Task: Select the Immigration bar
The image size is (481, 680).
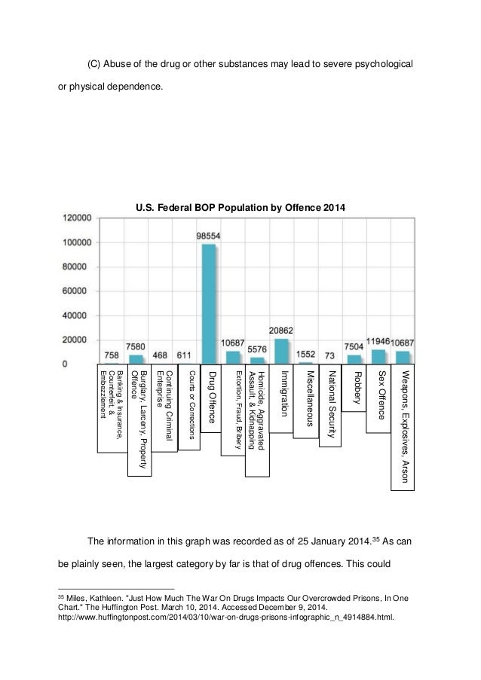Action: point(281,351)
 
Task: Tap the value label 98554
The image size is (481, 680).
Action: point(208,236)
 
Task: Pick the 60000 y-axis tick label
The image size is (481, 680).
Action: point(79,291)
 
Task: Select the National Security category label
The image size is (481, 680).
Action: point(330,406)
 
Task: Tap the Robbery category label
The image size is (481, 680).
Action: point(355,387)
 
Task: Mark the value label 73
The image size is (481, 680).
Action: point(330,355)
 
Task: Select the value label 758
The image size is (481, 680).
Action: point(110,355)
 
